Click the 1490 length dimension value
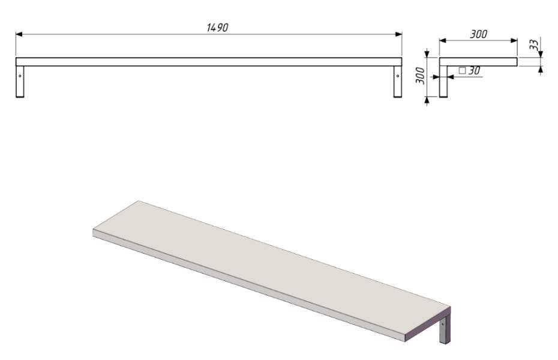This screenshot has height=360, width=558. tap(217, 28)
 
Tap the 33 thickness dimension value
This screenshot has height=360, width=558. tap(534, 44)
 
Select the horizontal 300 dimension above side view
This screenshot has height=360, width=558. tap(478, 34)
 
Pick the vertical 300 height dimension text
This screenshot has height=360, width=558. tap(420, 76)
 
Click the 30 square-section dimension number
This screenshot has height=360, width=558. tap(474, 70)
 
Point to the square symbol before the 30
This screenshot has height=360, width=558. tap(462, 70)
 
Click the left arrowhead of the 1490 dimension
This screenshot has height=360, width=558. tap(19, 34)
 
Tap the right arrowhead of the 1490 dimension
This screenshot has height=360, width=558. tap(398, 34)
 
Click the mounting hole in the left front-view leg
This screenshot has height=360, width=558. tap(20, 76)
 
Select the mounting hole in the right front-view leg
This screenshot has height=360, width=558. tap(398, 76)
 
